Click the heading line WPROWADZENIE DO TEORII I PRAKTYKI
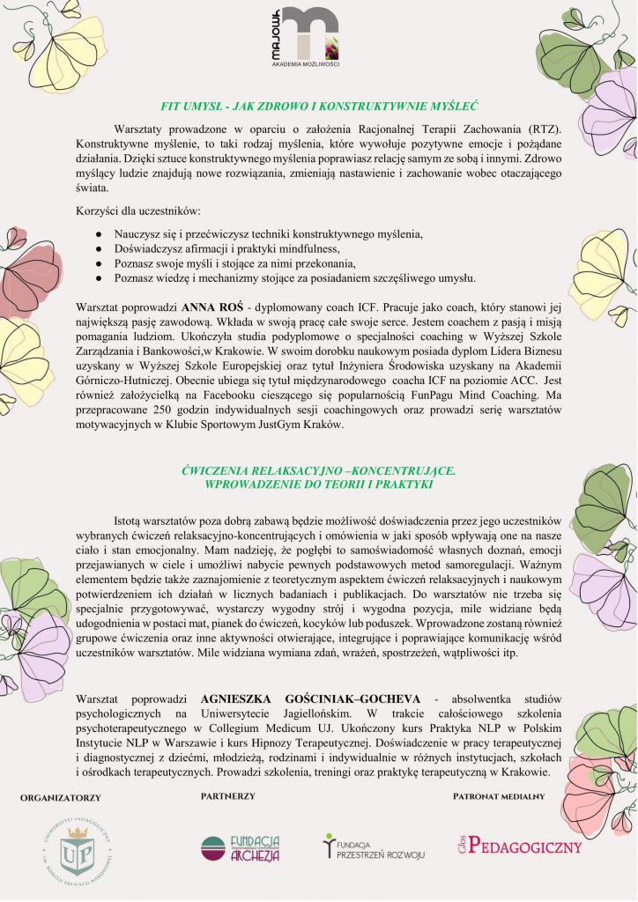318,485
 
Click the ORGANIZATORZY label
61,798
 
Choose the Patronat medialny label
499,796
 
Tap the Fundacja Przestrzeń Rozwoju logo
375,847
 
